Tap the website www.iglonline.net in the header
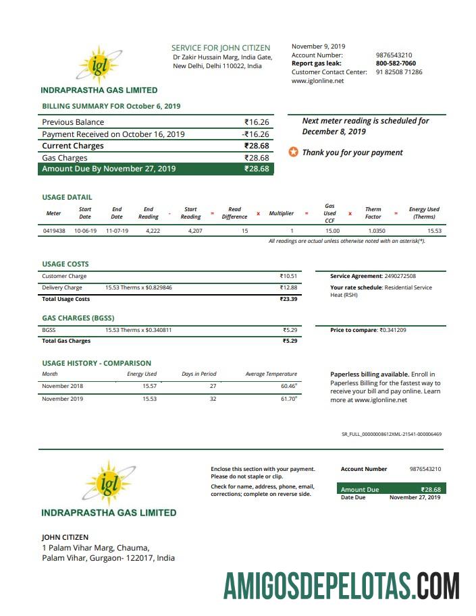coord(317,81)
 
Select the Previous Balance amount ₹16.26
coord(257,122)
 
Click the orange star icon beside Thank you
coord(293,152)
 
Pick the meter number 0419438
coord(54,231)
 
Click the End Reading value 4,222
coord(153,231)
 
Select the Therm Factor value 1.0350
coord(377,231)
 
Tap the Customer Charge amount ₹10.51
coord(288,276)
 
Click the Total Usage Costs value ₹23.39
coord(288,299)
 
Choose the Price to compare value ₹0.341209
coord(392,330)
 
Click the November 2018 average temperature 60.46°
coord(288,386)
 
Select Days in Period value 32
coord(213,399)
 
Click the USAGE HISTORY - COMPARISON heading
coord(97,363)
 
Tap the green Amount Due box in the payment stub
coord(391,489)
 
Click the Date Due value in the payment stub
coord(415,498)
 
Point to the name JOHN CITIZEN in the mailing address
coord(65,537)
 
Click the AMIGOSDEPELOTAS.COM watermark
coord(342,585)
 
